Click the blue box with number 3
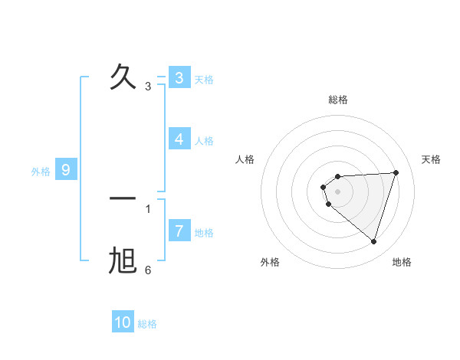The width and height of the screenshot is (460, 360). click(x=179, y=78)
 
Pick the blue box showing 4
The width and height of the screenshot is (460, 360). click(x=179, y=139)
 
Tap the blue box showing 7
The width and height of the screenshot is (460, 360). click(x=179, y=231)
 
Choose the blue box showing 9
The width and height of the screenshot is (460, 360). click(x=66, y=170)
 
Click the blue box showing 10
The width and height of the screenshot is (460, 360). click(x=123, y=323)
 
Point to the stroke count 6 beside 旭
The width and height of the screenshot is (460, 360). click(x=148, y=270)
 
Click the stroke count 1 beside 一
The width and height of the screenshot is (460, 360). click(x=148, y=208)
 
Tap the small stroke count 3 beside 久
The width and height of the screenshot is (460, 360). click(x=148, y=87)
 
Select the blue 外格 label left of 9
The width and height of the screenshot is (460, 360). click(x=41, y=172)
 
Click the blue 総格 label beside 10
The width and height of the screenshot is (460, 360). click(x=147, y=324)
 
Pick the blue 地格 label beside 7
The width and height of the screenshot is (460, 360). click(x=204, y=233)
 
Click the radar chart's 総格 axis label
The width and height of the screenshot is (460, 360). click(x=337, y=100)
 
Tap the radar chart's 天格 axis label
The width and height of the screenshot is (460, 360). click(x=431, y=159)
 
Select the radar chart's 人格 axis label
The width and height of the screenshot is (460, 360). click(x=245, y=159)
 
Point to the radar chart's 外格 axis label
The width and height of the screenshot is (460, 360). click(x=270, y=262)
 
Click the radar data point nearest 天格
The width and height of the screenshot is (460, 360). click(x=396, y=172)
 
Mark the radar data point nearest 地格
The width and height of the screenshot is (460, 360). click(x=373, y=241)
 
